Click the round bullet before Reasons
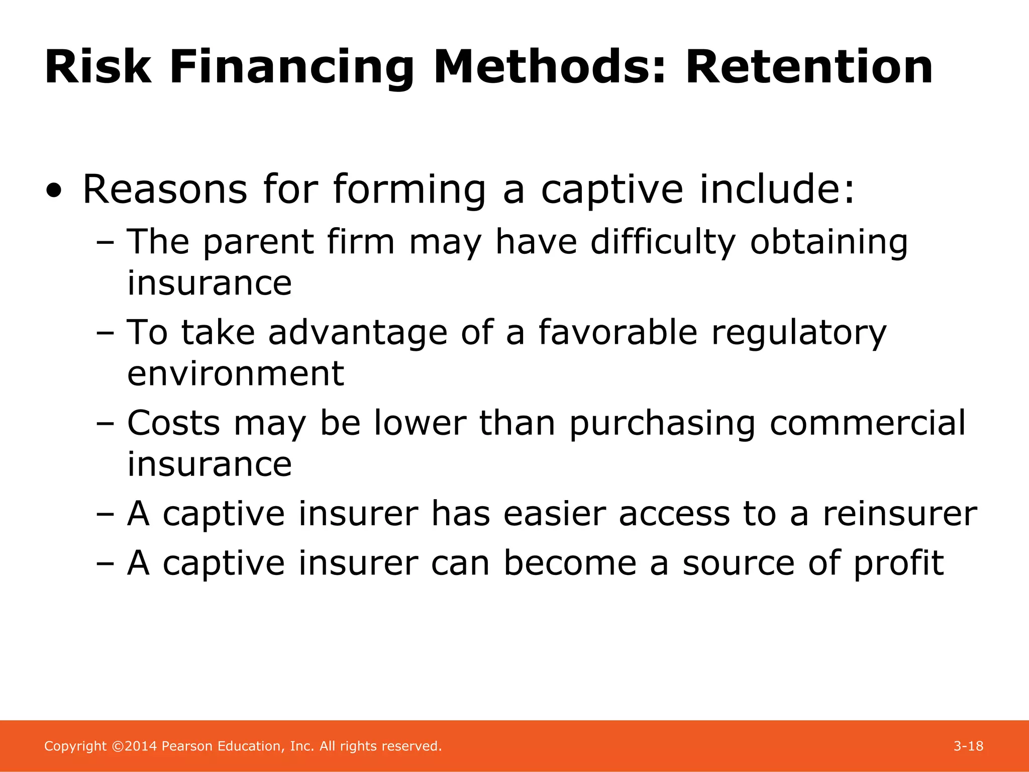pyautogui.click(x=54, y=191)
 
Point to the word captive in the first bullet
pyautogui.click(x=612, y=190)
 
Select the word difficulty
pyautogui.click(x=663, y=242)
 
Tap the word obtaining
pyautogui.click(x=829, y=242)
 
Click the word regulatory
pyautogui.click(x=799, y=333)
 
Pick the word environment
pyautogui.click(x=235, y=374)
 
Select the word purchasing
pyautogui.click(x=662, y=424)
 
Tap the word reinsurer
pyautogui.click(x=899, y=514)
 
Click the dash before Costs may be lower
pyautogui.click(x=105, y=424)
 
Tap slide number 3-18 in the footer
pyautogui.click(x=968, y=746)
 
